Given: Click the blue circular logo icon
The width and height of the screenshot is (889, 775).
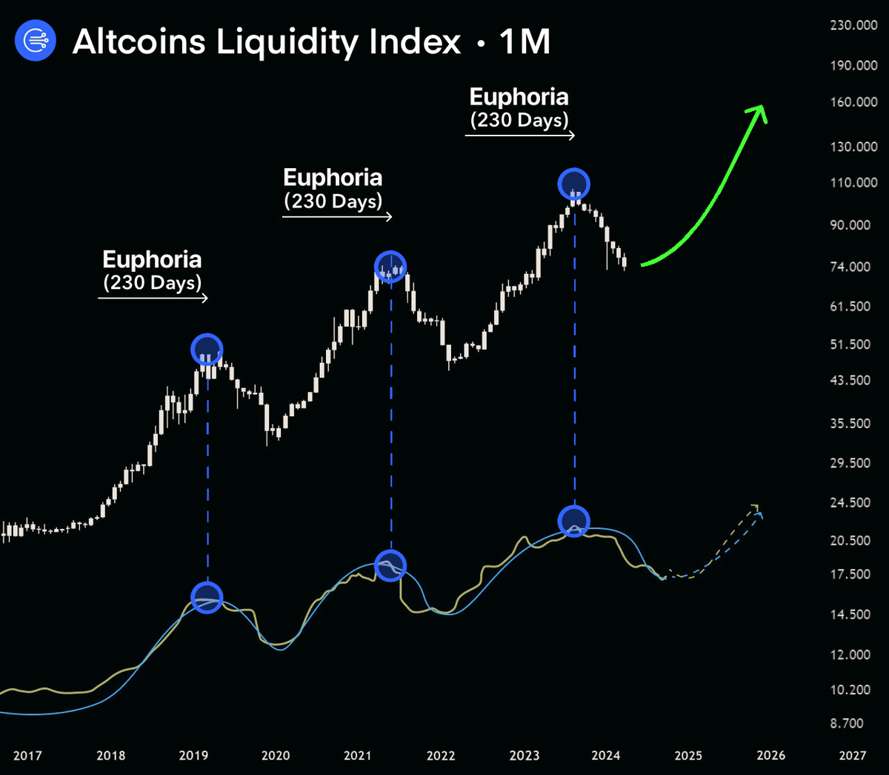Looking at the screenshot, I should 36,41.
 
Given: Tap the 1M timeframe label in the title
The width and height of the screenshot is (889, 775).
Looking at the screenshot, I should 525,41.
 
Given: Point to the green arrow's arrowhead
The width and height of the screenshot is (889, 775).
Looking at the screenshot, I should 757,113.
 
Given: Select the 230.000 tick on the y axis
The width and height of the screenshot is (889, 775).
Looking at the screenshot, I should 853,25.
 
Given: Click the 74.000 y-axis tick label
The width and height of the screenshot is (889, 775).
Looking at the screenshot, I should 850,267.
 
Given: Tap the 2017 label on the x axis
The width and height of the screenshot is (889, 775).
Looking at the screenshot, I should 27,756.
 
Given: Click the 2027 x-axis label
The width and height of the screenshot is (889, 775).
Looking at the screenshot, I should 852,756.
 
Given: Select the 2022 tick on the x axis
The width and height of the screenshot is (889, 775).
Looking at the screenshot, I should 441,756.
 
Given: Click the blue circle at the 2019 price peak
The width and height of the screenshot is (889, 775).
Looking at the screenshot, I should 207,349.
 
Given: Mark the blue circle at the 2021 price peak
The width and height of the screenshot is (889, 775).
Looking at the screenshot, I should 390,266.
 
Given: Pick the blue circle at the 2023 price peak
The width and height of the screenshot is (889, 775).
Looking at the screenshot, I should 574,183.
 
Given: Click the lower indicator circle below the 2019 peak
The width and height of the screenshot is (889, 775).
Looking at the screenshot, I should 207,597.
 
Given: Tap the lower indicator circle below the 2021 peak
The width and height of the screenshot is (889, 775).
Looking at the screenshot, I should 390,566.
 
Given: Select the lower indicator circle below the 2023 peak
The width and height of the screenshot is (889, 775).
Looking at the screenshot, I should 573,521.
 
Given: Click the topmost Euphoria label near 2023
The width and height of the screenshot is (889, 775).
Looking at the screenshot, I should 519,97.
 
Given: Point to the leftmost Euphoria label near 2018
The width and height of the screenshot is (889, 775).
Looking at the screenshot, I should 152,259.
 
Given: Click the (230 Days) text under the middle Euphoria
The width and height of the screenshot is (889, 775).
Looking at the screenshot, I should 333,202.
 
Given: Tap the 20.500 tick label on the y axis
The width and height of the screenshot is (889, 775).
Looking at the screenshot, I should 850,541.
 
